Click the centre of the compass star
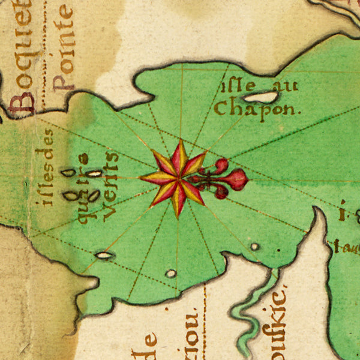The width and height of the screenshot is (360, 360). click(x=177, y=178)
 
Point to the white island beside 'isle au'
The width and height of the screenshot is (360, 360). click(x=260, y=97)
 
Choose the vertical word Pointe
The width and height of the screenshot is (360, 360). click(x=62, y=48)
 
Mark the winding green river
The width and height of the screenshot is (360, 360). click(x=252, y=312)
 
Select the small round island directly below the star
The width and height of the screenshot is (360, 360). click(x=171, y=274)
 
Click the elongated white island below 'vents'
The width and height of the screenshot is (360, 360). click(x=104, y=256)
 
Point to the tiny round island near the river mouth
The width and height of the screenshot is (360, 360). click(x=255, y=247)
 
